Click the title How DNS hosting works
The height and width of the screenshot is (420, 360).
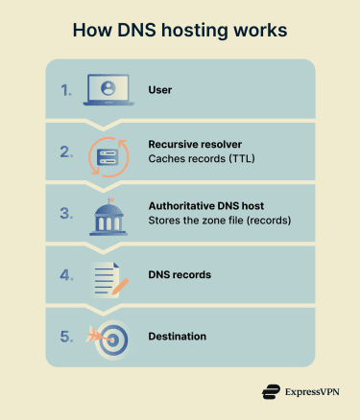[180, 31]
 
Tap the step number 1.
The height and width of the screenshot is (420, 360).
[65, 91]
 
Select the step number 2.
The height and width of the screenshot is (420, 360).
[65, 152]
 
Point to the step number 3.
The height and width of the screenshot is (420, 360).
[65, 213]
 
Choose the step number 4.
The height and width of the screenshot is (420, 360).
[65, 275]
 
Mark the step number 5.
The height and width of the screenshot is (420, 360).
[65, 337]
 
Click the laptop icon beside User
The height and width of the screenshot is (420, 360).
[108, 90]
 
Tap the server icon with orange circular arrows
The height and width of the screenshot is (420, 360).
[108, 152]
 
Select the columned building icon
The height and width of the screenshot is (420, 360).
[108, 213]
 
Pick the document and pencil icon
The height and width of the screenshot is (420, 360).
[109, 275]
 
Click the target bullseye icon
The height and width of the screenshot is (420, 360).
[112, 338]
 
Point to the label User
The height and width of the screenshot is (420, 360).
[160, 90]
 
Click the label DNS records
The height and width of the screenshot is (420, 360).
[180, 275]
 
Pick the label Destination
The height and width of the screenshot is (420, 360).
[179, 337]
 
